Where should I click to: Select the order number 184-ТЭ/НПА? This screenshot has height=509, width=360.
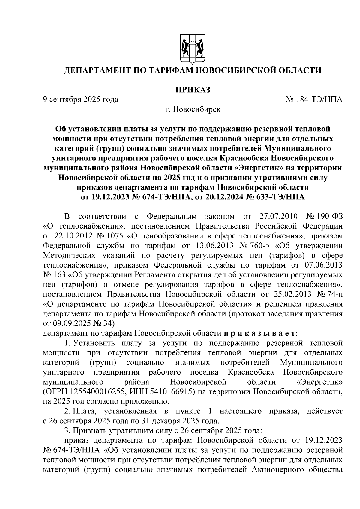(319, 100)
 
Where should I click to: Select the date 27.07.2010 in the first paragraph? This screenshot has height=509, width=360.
(278, 216)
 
